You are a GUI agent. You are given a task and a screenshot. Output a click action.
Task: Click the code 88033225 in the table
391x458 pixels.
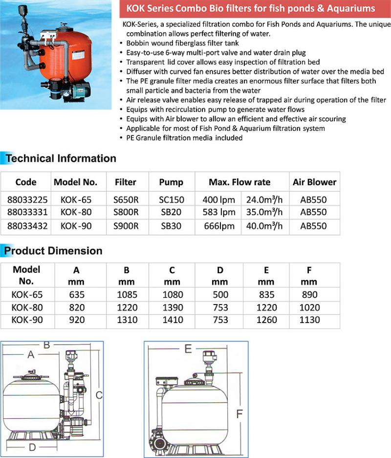[x=26, y=199]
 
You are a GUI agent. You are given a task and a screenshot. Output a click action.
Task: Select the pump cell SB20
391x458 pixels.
[x=171, y=213]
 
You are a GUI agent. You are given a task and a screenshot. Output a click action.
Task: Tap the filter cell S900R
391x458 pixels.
[x=126, y=226]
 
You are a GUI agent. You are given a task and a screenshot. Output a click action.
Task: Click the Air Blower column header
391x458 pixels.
[x=314, y=182]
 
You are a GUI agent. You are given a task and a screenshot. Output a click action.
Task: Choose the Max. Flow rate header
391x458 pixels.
[x=239, y=182]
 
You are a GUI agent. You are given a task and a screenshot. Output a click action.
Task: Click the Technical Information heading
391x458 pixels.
[x=61, y=158]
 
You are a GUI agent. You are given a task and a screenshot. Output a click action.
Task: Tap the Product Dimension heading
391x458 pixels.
[x=53, y=251]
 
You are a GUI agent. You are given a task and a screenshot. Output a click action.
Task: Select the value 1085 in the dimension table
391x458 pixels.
[x=128, y=295]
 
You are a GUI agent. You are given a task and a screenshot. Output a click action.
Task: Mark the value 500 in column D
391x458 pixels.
[x=220, y=295]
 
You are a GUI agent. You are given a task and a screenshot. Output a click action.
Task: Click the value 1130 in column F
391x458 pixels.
[x=310, y=320]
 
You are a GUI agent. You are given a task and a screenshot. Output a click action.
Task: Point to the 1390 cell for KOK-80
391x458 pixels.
[x=173, y=307]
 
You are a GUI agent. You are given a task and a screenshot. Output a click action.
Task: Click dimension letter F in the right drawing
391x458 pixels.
[x=239, y=414]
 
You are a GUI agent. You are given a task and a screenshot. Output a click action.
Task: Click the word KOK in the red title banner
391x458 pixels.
[x=137, y=8]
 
